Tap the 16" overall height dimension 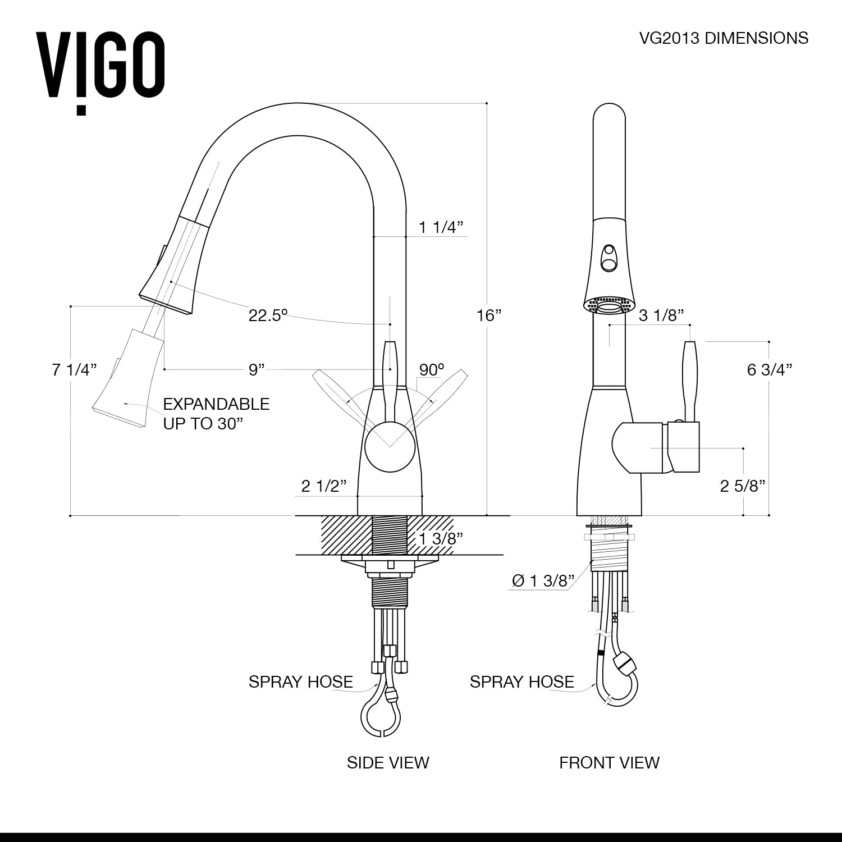click(488, 315)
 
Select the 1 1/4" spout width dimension click(441, 227)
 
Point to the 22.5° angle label click(268, 315)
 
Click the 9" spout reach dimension click(257, 369)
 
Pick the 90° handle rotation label click(432, 369)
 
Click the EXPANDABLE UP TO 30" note click(216, 414)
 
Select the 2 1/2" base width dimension click(324, 486)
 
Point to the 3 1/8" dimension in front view click(661, 315)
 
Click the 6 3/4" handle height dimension click(770, 369)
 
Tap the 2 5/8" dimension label click(743, 486)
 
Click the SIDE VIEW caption click(388, 762)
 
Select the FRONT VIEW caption click(609, 762)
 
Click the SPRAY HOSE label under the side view click(301, 681)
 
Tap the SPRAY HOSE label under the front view click(521, 681)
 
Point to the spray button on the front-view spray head click(608, 257)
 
